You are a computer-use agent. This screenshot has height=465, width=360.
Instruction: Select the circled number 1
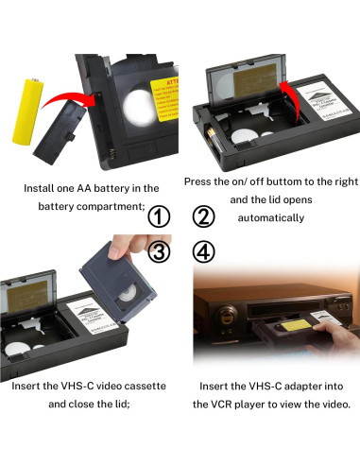pyautogui.click(x=160, y=216)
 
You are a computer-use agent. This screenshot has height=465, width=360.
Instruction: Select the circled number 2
pyautogui.click(x=203, y=216)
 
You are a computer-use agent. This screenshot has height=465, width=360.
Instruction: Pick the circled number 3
pyautogui.click(x=160, y=252)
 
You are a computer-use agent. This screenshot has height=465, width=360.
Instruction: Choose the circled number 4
pyautogui.click(x=203, y=252)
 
